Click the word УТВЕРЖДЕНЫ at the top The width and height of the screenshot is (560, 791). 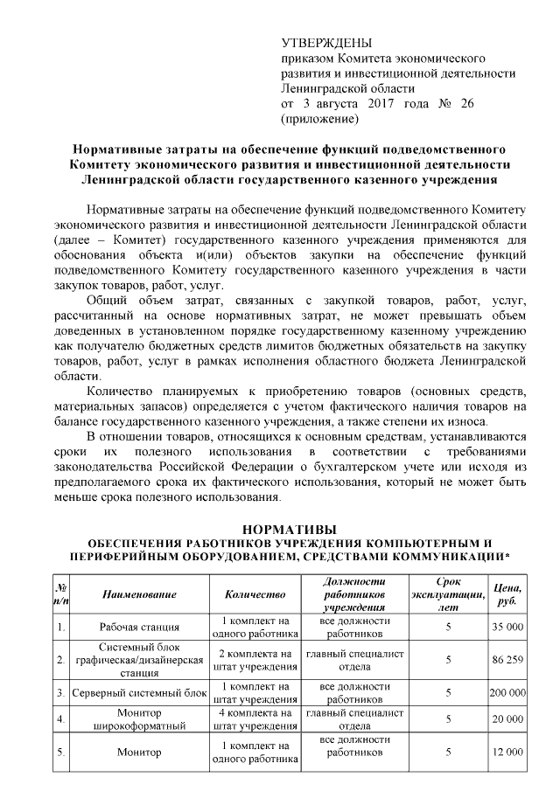(x=325, y=44)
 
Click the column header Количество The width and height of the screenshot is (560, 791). (x=255, y=594)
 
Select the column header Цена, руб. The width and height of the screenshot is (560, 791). (x=507, y=594)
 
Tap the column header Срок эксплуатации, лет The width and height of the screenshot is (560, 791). (x=447, y=594)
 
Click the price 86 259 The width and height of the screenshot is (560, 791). (x=507, y=660)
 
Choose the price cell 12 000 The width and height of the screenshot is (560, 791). (x=507, y=752)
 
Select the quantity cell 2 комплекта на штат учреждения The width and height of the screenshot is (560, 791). (x=255, y=660)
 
